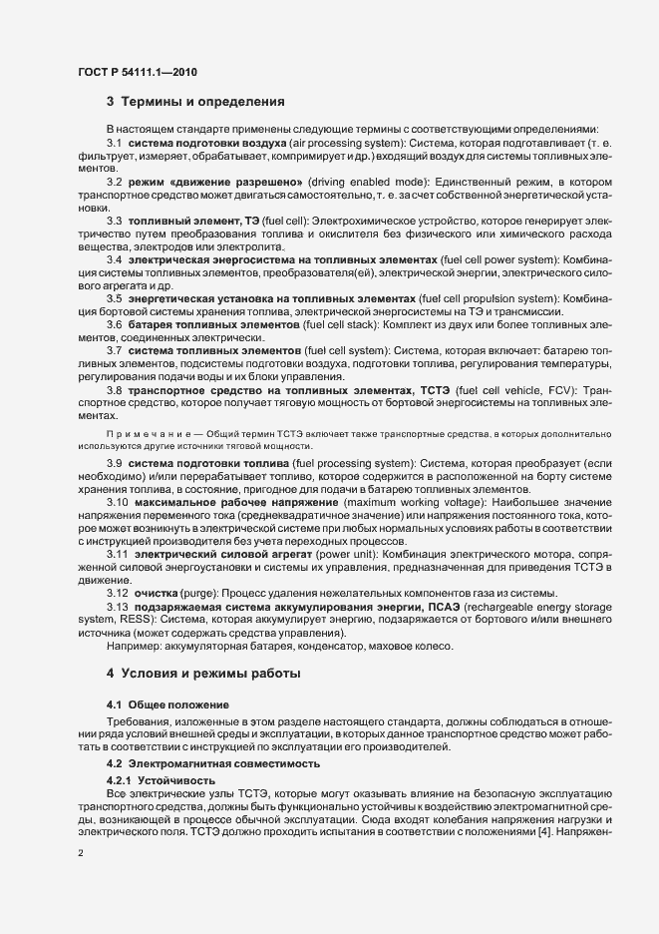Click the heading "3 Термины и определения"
197,102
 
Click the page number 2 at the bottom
80,853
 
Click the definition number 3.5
114,297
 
